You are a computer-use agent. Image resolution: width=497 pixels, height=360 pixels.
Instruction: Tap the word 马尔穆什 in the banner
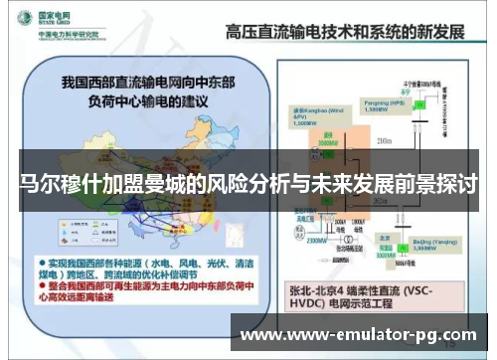(62, 186)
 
